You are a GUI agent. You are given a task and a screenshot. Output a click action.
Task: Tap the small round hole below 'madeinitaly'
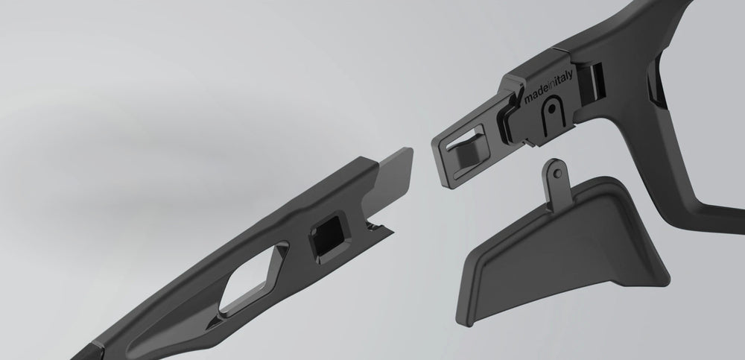(x=551, y=109)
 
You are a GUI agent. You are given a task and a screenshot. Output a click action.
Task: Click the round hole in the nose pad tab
(x=558, y=174)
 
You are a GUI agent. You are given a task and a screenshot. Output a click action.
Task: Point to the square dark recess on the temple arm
(x=330, y=236)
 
